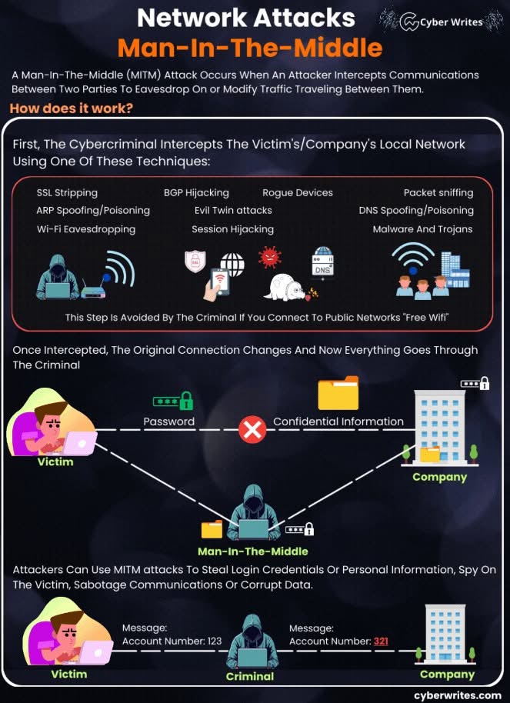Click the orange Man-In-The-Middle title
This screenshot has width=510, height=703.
[250, 48]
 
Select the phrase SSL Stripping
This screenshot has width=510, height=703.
[67, 193]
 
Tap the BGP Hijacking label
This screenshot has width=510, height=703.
[196, 193]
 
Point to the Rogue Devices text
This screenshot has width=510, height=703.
[298, 193]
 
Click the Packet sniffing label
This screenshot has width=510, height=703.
[438, 193]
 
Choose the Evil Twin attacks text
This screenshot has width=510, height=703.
[233, 210]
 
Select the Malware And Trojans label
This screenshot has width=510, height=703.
[422, 229]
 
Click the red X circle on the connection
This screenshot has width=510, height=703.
[252, 430]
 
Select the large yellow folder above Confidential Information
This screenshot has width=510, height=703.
[338, 393]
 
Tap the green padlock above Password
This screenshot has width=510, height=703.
[185, 401]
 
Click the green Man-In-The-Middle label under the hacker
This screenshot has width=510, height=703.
[252, 551]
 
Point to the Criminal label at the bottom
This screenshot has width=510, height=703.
[249, 676]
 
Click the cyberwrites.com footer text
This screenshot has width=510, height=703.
[458, 695]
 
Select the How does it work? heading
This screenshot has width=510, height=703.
[71, 108]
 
